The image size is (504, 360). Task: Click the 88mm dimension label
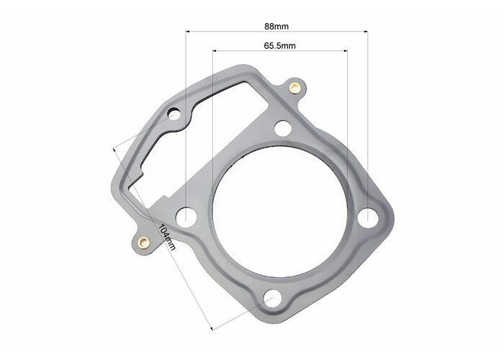click(x=276, y=27)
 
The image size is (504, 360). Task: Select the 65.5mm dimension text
click(x=279, y=45)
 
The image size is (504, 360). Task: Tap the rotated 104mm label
click(x=167, y=237)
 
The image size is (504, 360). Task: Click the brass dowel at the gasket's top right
click(x=294, y=87)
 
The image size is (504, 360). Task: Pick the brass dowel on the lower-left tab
click(x=144, y=243)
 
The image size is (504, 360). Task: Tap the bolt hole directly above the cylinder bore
click(x=284, y=128)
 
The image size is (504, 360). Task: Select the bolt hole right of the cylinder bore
click(x=367, y=218)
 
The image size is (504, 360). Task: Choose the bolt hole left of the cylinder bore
click(x=186, y=217)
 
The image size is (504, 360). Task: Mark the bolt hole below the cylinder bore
click(x=273, y=298)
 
